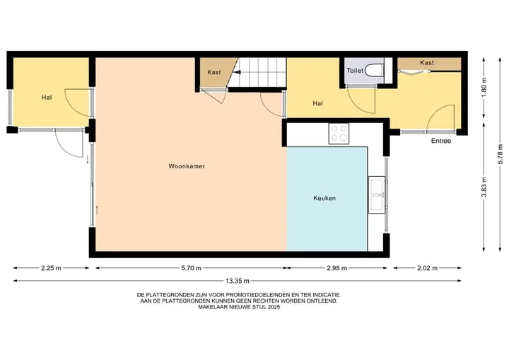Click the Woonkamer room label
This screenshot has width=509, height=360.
coord(187,166)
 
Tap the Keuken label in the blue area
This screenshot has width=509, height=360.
coord(324,198)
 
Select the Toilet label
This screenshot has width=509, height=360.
coord(355,70)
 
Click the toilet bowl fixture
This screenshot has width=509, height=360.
coord(374,70)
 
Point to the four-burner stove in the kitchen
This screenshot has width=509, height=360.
coord(339,134)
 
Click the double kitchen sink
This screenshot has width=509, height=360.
coord(377,194)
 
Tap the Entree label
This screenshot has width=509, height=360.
coord(441,141)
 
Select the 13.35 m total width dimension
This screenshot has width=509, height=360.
coord(238,281)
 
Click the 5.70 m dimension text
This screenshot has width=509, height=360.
coord(191,268)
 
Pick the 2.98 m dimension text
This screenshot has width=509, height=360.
coord(337,268)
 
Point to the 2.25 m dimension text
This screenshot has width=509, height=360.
coord(51,268)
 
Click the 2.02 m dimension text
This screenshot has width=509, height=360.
coord(427,268)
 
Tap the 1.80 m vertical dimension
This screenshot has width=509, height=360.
coord(484,88)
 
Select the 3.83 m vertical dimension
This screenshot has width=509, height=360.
coord(484,187)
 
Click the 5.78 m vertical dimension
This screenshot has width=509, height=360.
coord(500,154)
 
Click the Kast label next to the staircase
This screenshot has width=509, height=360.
coord(214,72)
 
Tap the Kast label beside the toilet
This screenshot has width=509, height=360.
coord(427,62)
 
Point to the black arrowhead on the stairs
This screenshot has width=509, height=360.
coord(237,72)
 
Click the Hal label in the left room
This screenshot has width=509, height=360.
coord(47,97)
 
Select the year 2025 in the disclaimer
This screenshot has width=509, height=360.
coord(274,307)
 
